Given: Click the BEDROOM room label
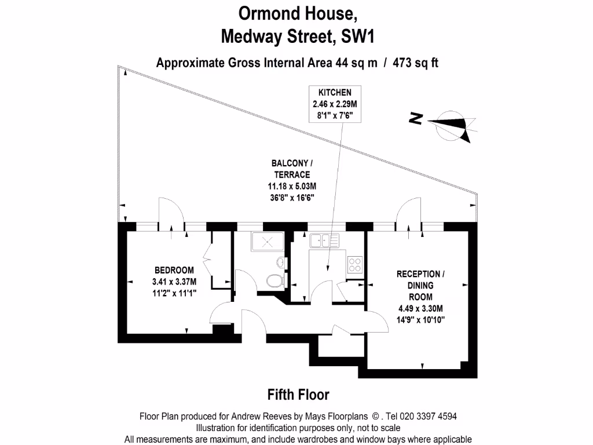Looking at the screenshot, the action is [x=174, y=270].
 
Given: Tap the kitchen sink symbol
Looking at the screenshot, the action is [x=324, y=240].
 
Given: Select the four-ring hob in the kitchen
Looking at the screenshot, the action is [x=355, y=265].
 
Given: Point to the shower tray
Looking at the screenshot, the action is [x=268, y=242].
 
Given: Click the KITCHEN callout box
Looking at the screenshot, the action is [x=335, y=104].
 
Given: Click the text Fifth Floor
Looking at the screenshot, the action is [x=298, y=395].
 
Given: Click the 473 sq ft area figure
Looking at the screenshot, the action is [x=415, y=63].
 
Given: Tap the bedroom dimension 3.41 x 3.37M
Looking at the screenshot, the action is [x=174, y=282].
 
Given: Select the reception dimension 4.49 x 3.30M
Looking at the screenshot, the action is [x=420, y=308].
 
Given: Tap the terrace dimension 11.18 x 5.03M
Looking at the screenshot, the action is [x=292, y=186].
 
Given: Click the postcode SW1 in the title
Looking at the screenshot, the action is [x=357, y=37].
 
